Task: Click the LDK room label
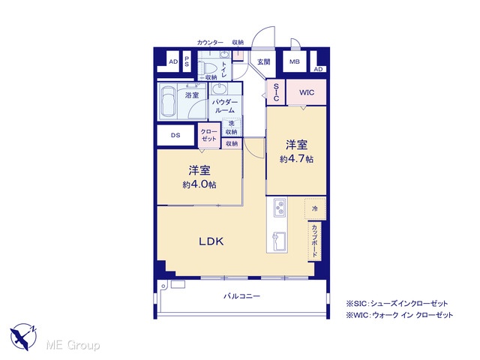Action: (x=211, y=241)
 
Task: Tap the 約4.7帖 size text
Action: (x=296, y=159)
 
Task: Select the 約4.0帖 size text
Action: (x=199, y=184)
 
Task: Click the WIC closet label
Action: (x=307, y=92)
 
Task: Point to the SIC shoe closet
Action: (x=276, y=92)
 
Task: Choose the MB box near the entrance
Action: (x=295, y=61)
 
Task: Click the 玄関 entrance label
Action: (x=263, y=61)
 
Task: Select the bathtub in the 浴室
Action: (x=167, y=101)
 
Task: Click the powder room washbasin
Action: (x=219, y=88)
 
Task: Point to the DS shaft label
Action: (x=175, y=135)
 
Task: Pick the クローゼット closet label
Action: (x=208, y=135)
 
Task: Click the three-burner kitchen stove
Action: (x=280, y=207)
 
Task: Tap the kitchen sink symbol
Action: (x=279, y=241)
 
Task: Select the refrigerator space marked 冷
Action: (x=315, y=208)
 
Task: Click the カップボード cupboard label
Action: (x=315, y=241)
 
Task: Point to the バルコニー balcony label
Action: (x=241, y=296)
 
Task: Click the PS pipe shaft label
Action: (x=187, y=61)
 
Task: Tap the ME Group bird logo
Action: (x=23, y=336)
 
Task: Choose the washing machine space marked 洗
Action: (x=232, y=123)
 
